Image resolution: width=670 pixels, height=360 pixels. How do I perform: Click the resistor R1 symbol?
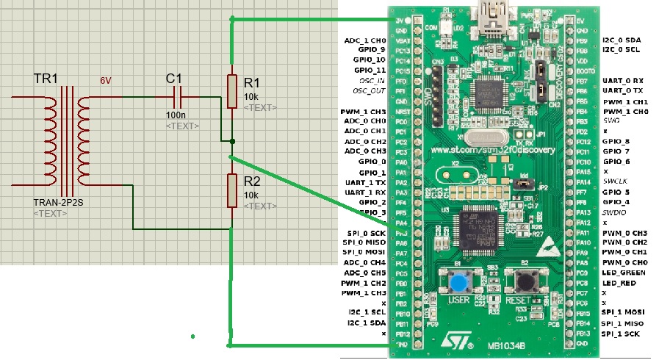click(x=231, y=90)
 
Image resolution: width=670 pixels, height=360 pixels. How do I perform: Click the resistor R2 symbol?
click(x=231, y=190)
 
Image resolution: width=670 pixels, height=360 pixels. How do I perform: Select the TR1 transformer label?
click(x=46, y=79)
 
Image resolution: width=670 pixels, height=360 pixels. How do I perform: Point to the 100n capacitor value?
click(x=176, y=115)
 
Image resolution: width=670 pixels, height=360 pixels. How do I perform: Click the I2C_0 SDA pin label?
click(x=622, y=40)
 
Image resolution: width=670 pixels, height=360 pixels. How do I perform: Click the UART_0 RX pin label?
click(x=623, y=80)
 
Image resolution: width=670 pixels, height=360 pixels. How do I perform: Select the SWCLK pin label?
click(x=616, y=181)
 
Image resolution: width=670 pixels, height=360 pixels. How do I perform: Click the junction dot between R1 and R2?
click(x=231, y=141)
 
